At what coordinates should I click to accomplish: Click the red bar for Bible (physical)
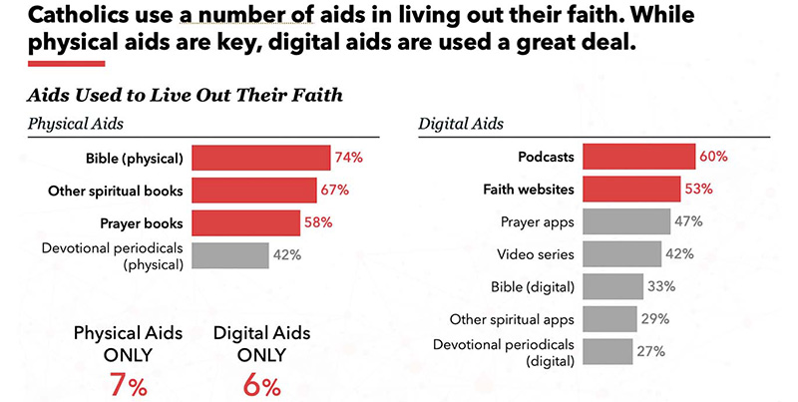click(x=260, y=158)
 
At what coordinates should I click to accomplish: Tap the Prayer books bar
click(x=245, y=222)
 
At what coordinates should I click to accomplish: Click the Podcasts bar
click(x=638, y=157)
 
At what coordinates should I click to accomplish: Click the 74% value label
click(x=348, y=158)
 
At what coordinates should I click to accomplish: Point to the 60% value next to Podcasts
click(x=713, y=157)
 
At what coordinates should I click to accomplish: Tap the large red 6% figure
click(x=260, y=385)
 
